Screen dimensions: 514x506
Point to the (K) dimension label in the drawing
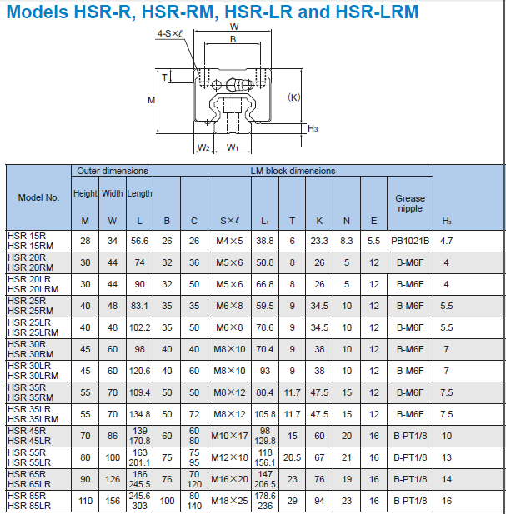[x=293, y=97]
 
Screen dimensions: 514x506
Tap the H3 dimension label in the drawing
[x=313, y=128]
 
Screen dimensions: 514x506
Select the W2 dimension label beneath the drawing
[x=203, y=147]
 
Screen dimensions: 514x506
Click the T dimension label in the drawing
[x=166, y=77]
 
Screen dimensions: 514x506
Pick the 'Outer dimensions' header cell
[x=113, y=171]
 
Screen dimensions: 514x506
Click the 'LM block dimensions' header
[x=293, y=171]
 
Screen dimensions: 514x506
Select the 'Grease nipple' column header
[x=409, y=203]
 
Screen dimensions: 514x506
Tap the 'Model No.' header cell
[x=38, y=197]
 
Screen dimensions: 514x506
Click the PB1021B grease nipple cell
[x=409, y=241]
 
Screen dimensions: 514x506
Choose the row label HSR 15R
[x=26, y=237]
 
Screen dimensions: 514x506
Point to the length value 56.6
[x=139, y=241]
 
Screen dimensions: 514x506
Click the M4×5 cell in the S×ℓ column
[x=228, y=241]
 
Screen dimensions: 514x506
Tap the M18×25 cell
[x=228, y=501]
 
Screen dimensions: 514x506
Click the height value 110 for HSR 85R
[x=85, y=501]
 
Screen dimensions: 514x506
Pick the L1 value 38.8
[x=264, y=241]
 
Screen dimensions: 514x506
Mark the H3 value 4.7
[x=447, y=241]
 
